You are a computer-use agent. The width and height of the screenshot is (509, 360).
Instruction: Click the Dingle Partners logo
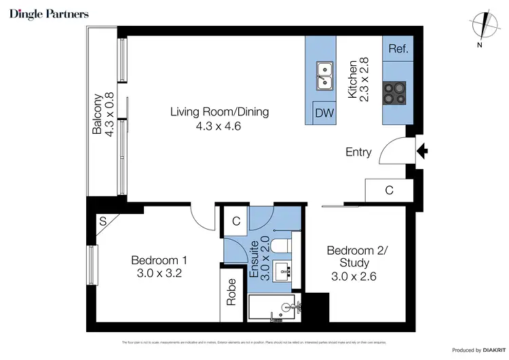(49, 14)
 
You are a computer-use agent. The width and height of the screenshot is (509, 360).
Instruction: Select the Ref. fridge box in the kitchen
(396, 49)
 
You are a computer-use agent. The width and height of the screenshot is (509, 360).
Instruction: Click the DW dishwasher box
(324, 113)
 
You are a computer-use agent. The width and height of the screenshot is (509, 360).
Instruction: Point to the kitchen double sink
(324, 75)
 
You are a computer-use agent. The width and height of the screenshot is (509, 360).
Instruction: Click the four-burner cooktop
(395, 94)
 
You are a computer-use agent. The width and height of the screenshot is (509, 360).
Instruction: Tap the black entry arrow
(421, 151)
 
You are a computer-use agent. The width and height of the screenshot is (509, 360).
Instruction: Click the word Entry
(358, 152)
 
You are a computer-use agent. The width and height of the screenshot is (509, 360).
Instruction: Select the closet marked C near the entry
(388, 191)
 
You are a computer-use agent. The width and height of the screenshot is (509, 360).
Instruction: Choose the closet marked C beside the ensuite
(235, 220)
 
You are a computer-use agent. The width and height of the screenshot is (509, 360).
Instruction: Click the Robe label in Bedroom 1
(231, 291)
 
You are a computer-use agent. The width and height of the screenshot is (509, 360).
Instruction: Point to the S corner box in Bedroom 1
(102, 220)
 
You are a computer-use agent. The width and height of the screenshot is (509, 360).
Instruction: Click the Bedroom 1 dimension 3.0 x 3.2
(159, 274)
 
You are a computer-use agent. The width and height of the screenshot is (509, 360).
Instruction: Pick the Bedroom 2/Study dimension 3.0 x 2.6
(354, 276)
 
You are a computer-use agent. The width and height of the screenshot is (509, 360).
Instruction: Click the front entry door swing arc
(390, 152)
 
